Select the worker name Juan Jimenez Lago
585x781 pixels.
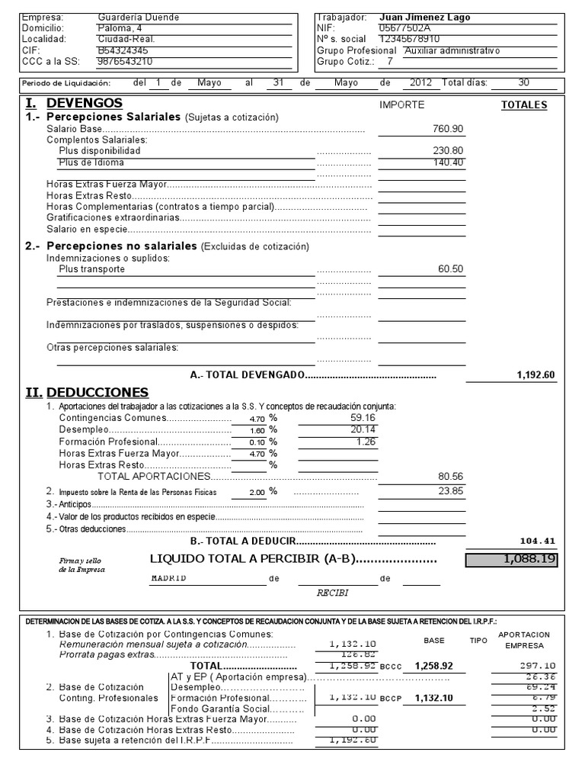[424, 17]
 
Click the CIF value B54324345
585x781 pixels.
[118, 50]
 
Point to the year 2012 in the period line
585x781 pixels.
[420, 82]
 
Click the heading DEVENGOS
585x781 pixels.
[84, 103]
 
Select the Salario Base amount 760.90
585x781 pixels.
[448, 129]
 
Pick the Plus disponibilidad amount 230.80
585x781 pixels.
[448, 151]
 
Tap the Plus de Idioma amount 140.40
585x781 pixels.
[448, 162]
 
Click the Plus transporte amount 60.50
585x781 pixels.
[450, 269]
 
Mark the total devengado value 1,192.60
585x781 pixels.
[535, 374]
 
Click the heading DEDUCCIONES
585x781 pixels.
[92, 392]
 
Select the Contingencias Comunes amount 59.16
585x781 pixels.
[362, 418]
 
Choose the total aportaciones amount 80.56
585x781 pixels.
[449, 476]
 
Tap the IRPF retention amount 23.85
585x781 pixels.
[450, 491]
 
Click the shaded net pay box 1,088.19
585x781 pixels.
[512, 559]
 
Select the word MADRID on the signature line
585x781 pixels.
[168, 578]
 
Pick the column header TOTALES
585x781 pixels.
[523, 105]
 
